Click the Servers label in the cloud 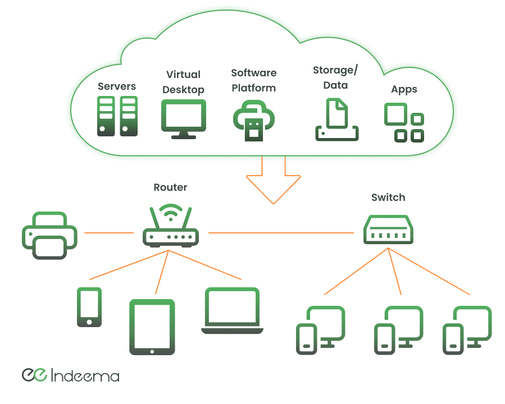(x=117, y=86)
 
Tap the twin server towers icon (x=117, y=116)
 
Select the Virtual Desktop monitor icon (x=183, y=118)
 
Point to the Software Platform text (x=254, y=80)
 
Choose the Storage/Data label (x=335, y=78)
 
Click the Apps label (x=404, y=90)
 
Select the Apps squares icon (x=404, y=122)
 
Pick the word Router (x=170, y=187)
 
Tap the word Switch (x=388, y=198)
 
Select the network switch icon (x=388, y=229)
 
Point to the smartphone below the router (x=89, y=307)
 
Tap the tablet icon (x=152, y=327)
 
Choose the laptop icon (x=231, y=311)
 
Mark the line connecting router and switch (x=284, y=232)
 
